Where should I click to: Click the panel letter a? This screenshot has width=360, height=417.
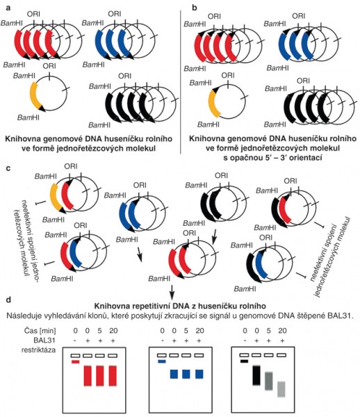tap(8, 8)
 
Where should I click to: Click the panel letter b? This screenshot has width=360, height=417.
tap(195, 8)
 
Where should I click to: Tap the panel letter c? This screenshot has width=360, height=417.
tap(8, 168)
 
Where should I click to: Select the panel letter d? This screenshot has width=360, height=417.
tap(8, 300)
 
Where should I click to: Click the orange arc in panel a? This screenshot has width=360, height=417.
tap(34, 95)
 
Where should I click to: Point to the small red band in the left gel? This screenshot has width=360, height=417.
tap(76, 361)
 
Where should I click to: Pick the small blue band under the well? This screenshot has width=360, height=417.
tap(162, 361)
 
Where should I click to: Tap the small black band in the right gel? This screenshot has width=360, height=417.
tap(245, 361)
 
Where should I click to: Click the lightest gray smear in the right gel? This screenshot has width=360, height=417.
tap(281, 389)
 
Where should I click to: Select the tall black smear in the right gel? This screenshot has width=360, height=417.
tap(256, 375)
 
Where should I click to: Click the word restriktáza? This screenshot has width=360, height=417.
tap(38, 350)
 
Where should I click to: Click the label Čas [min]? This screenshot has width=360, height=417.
tap(40, 331)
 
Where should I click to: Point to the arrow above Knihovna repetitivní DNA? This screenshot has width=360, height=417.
tap(172, 292)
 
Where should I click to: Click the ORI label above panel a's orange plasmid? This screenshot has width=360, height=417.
tap(49, 65)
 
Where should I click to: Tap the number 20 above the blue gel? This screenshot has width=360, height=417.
tap(199, 331)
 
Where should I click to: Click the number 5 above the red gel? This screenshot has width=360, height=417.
tap(99, 331)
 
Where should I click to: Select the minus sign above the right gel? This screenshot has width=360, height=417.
tap(245, 341)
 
